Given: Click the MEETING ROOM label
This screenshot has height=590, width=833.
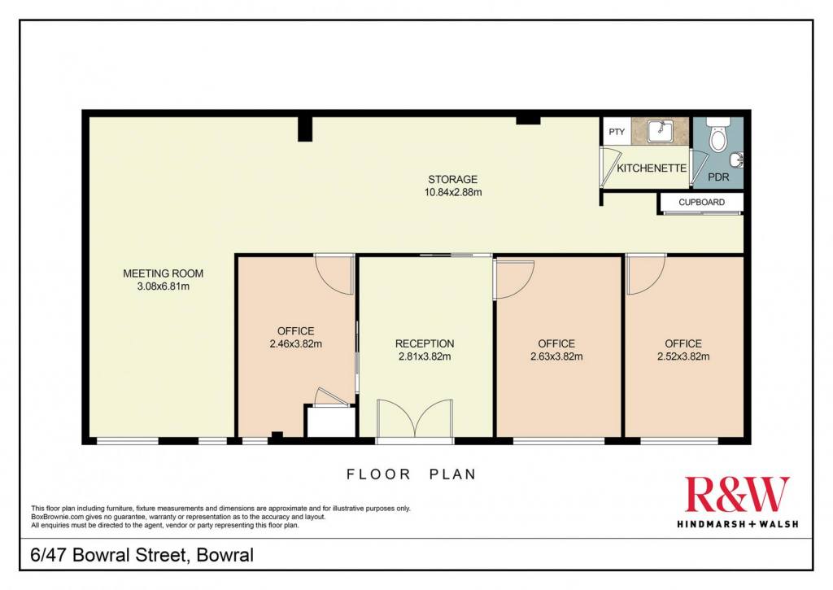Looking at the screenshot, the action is pyautogui.click(x=163, y=273).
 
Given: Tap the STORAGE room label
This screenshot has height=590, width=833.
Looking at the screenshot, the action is pyautogui.click(x=452, y=180).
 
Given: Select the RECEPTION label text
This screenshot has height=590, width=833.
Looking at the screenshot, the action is pyautogui.click(x=425, y=344).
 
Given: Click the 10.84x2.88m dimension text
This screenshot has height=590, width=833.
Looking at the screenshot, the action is pyautogui.click(x=452, y=192).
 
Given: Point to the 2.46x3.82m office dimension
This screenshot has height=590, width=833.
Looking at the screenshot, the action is pyautogui.click(x=296, y=344).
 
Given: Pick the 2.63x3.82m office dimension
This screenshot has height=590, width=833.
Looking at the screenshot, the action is pyautogui.click(x=556, y=356).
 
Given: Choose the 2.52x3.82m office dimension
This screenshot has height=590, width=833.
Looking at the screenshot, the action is pyautogui.click(x=683, y=356).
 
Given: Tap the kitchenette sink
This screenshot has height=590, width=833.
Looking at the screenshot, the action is pyautogui.click(x=660, y=131).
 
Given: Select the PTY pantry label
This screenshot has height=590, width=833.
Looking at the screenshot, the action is pyautogui.click(x=617, y=132).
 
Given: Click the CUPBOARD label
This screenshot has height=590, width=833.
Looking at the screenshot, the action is pyautogui.click(x=701, y=203).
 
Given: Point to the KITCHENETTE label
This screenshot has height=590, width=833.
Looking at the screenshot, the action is pyautogui.click(x=652, y=168).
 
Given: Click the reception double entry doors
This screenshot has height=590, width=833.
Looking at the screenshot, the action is pyautogui.click(x=414, y=420).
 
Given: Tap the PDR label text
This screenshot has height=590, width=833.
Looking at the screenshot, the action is pyautogui.click(x=718, y=177).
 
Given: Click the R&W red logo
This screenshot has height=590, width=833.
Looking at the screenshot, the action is pyautogui.click(x=737, y=494).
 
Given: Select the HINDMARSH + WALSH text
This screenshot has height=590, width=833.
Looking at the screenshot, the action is pyautogui.click(x=737, y=524).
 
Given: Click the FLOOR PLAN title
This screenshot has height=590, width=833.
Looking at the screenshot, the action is pyautogui.click(x=411, y=474).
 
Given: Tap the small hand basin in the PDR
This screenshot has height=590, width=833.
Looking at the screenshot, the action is pyautogui.click(x=738, y=159).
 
